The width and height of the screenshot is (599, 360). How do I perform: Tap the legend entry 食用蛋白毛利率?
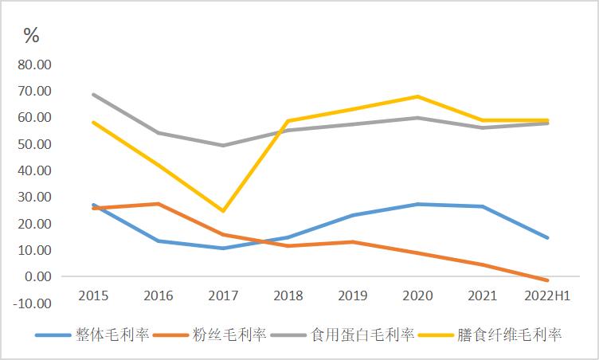[362, 335]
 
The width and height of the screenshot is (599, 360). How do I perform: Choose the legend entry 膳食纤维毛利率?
[510, 335]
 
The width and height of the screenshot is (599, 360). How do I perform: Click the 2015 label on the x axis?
[93, 295]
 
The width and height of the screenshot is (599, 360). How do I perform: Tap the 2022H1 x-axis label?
[547, 295]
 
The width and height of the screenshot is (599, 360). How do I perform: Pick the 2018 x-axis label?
[288, 295]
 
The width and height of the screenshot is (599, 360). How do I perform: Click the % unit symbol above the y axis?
[31, 35]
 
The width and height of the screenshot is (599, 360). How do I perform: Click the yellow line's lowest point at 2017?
[223, 211]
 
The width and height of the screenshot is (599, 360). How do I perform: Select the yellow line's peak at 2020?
[418, 96]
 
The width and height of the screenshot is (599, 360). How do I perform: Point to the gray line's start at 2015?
[93, 94]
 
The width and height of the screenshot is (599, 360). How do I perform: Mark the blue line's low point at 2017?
[223, 248]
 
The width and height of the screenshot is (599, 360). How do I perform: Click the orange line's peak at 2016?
[158, 204]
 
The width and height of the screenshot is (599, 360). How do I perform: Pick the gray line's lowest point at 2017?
[223, 146]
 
